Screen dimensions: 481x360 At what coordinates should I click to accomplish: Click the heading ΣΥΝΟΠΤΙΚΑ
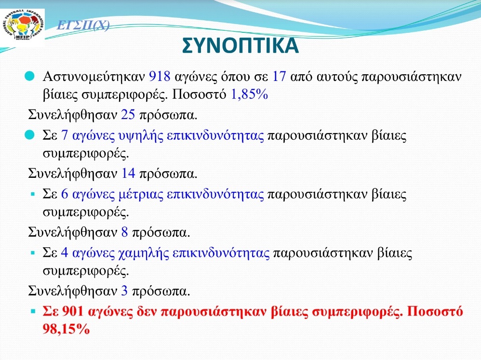point(240,46)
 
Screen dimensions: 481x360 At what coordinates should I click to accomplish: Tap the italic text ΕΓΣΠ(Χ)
point(83,26)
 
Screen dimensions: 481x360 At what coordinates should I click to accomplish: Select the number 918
point(160,76)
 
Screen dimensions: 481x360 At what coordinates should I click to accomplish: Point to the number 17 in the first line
point(279,76)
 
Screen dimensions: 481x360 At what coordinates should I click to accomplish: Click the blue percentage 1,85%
point(249,94)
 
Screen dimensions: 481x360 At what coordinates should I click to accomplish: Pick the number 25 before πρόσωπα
point(128,115)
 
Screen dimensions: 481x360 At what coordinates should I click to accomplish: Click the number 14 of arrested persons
point(128,173)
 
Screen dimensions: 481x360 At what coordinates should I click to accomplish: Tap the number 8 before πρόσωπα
point(124,232)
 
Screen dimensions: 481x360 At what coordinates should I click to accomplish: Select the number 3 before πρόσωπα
point(124,291)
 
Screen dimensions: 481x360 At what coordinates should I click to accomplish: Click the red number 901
point(72,311)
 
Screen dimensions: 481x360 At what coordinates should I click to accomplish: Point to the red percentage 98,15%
point(66,329)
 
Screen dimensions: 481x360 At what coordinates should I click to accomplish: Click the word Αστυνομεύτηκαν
point(94,77)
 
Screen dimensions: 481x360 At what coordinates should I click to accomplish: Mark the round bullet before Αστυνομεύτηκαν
point(29,76)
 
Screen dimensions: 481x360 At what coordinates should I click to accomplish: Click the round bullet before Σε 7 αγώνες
point(29,134)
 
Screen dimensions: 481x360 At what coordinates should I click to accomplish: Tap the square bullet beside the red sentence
point(33,311)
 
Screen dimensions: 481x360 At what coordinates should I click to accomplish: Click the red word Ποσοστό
point(435,311)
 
